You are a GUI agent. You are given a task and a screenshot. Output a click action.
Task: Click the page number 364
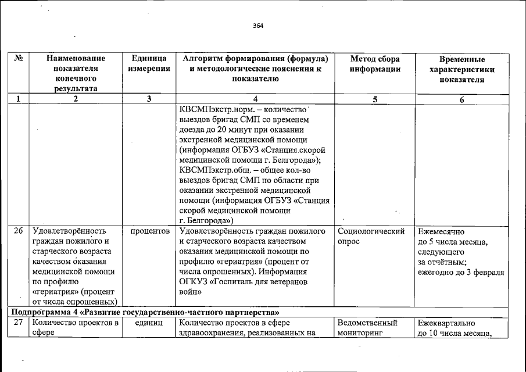pos(258,26)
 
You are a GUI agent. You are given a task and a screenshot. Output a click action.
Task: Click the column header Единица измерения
pos(149,64)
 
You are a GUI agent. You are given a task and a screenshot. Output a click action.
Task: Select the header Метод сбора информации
pos(375,64)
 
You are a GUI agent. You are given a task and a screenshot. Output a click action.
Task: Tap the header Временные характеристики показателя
pos(461,70)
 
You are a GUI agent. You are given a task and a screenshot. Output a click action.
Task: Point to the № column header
pos(19,59)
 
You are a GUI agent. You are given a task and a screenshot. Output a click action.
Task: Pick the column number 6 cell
pos(461,99)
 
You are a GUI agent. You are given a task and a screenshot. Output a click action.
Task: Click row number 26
pos(19,231)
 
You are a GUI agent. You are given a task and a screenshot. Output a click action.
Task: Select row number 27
pos(19,323)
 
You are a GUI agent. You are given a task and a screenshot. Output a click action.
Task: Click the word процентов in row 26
pos(149,231)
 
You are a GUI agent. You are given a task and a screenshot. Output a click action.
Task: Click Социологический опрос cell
pos(371,235)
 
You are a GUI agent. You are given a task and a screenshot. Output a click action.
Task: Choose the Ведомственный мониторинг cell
pos(367,327)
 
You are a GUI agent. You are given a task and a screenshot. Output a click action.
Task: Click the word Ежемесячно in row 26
pos(441,231)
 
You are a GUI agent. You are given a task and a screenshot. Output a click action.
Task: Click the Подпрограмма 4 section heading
pos(149,312)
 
